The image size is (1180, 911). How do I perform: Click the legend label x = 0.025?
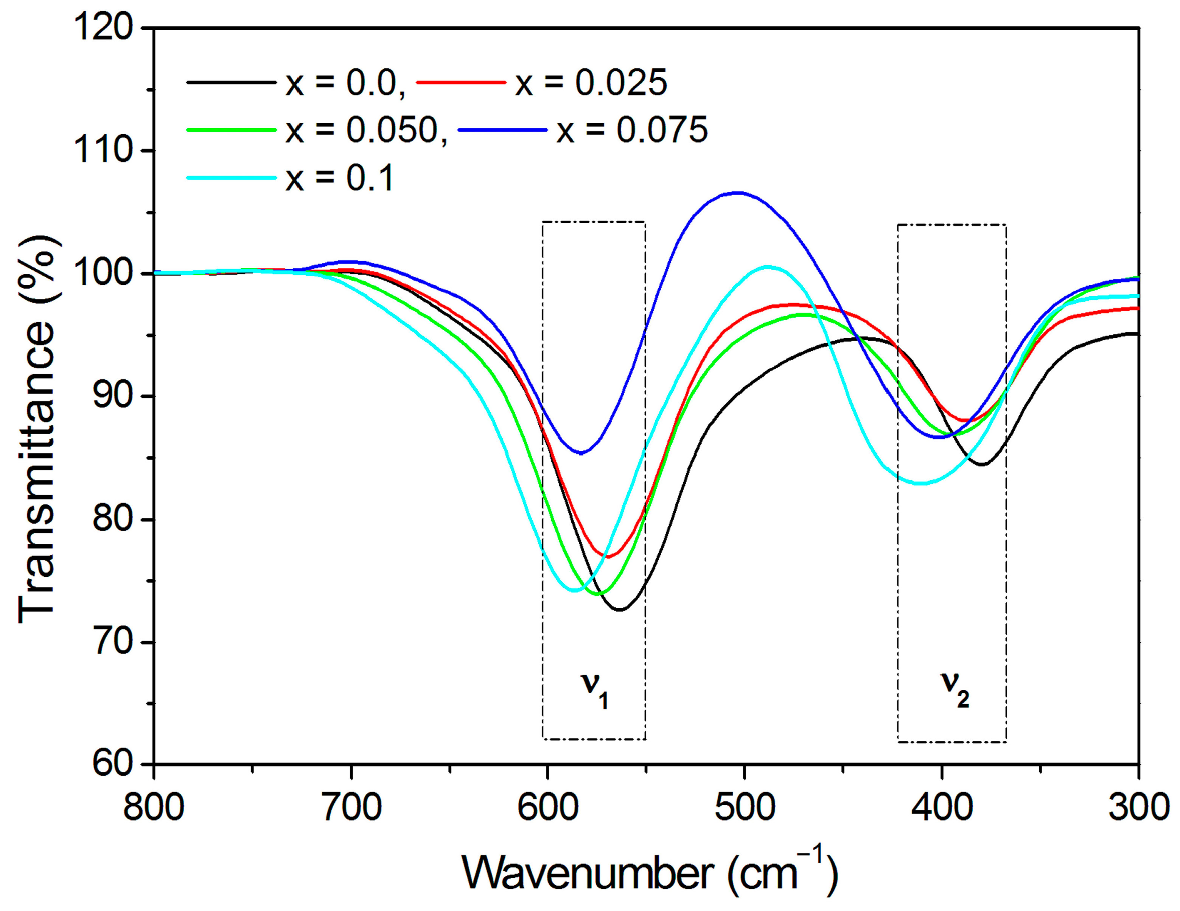point(591,83)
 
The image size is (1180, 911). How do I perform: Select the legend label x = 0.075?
point(632,130)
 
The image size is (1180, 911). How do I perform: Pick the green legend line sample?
point(231,130)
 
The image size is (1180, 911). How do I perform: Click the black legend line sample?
point(231,82)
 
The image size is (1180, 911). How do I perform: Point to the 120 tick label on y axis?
point(103,28)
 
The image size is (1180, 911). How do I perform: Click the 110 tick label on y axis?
point(103,151)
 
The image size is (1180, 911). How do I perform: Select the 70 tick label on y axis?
point(112,643)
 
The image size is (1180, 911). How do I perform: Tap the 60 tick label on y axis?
point(112,765)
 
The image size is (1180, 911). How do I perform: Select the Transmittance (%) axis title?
point(38,429)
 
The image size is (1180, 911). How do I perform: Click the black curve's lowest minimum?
point(620,610)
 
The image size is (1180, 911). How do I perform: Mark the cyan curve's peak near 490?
point(767,266)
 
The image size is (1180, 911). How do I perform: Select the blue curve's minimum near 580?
point(581,453)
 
